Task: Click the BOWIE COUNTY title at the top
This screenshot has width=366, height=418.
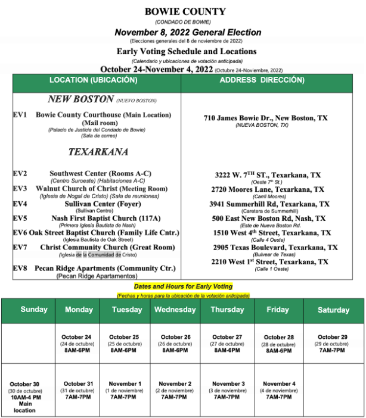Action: point(185,11)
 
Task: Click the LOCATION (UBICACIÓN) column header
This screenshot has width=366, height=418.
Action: point(96,80)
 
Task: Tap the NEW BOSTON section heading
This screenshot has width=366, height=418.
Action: point(81,99)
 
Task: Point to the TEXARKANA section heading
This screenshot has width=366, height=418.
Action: point(98,152)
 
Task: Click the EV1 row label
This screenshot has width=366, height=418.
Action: point(20,115)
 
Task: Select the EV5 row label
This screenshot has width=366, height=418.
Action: point(20,219)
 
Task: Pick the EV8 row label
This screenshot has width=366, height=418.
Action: point(20,269)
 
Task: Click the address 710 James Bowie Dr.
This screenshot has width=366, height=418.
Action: point(265,118)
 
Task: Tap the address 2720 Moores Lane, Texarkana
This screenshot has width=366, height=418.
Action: point(268,189)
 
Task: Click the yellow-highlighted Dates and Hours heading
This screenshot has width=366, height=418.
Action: point(182,286)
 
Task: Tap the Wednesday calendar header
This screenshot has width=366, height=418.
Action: point(175,310)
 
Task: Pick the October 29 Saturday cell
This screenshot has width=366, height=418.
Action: point(333,344)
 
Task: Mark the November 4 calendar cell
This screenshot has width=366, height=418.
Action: point(279,390)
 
